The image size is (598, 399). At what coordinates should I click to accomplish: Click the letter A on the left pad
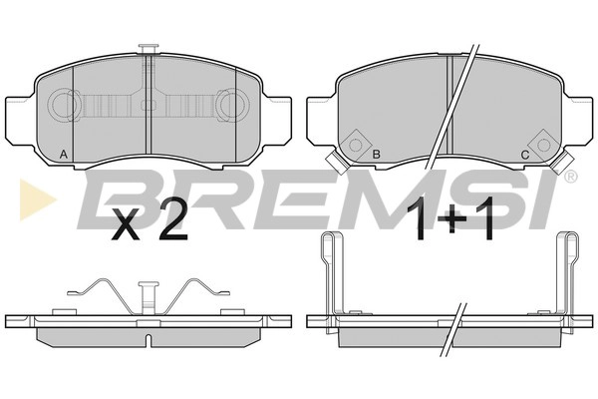[64, 155]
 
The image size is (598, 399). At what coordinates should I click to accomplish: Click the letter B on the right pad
[376, 155]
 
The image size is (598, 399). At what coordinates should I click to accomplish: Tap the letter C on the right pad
[525, 155]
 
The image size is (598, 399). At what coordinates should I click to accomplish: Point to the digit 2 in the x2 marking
[173, 221]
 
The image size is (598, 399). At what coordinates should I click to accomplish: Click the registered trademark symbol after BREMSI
[570, 177]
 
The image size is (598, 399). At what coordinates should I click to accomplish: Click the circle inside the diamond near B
[356, 145]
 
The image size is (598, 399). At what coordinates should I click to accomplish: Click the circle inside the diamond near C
[544, 145]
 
